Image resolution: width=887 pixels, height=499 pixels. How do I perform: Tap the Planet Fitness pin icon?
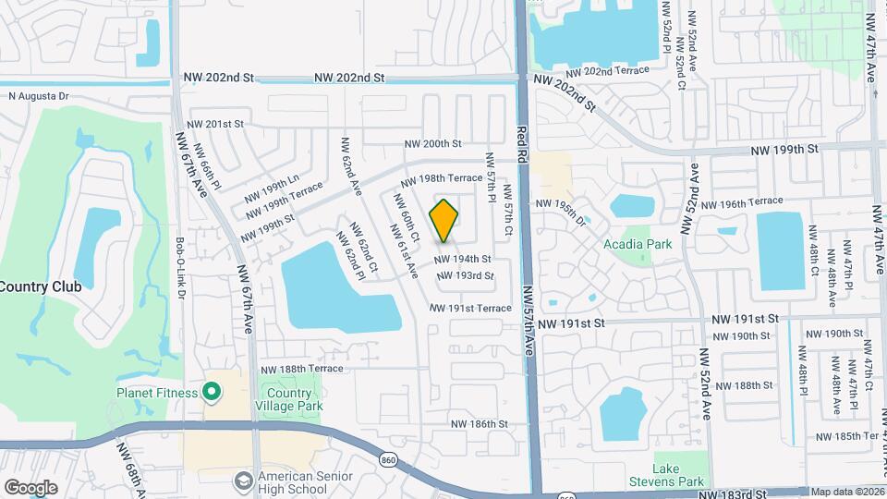click(212, 393)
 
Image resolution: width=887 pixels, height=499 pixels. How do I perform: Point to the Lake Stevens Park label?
click(678, 475)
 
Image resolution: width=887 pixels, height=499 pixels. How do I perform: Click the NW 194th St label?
click(463, 260)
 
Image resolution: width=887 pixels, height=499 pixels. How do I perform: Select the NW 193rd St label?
click(464, 275)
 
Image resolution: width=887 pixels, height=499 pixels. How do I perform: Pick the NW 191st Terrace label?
click(470, 308)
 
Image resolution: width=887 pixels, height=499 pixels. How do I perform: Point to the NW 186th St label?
click(480, 424)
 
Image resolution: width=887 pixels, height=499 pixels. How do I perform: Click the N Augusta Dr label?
click(39, 95)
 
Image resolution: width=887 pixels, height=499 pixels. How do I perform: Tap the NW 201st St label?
click(215, 124)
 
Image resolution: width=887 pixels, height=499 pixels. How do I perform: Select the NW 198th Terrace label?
click(441, 176)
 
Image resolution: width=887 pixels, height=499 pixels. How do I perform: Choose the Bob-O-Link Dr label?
click(180, 268)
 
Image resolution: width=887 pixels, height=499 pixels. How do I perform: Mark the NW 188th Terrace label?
click(301, 369)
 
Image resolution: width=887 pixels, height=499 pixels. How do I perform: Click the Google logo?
click(30, 487)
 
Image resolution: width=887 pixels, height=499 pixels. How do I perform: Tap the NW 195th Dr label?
click(561, 212)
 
